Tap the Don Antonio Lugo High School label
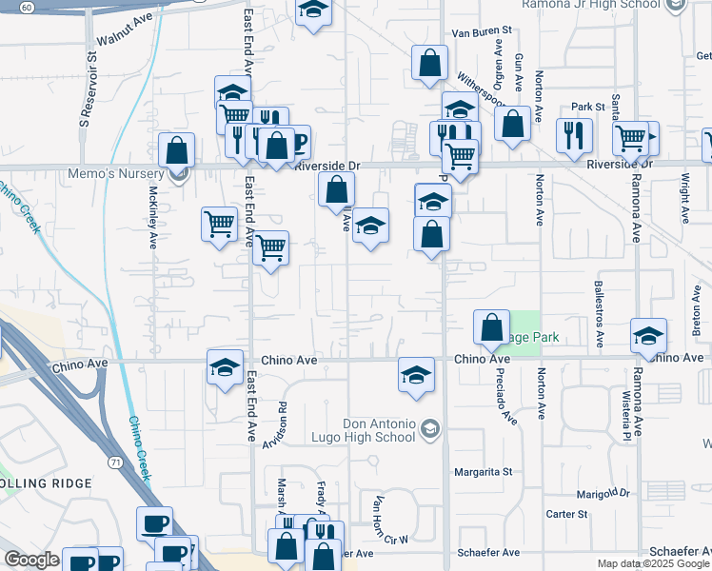(379, 430)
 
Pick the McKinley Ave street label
(152, 216)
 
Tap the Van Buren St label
(481, 32)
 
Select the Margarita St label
(483, 471)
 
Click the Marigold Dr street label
(603, 493)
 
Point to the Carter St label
(567, 514)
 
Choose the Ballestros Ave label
(599, 311)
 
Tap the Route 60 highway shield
(27, 7)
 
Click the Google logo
(31, 560)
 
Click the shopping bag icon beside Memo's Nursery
(177, 149)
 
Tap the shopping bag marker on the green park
(491, 327)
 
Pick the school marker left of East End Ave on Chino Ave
(225, 367)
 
